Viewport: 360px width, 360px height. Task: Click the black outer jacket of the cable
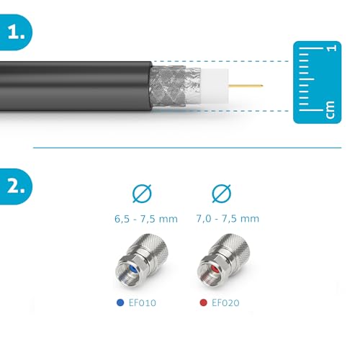[x=72, y=86]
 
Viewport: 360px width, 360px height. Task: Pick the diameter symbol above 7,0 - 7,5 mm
[x=220, y=194]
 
